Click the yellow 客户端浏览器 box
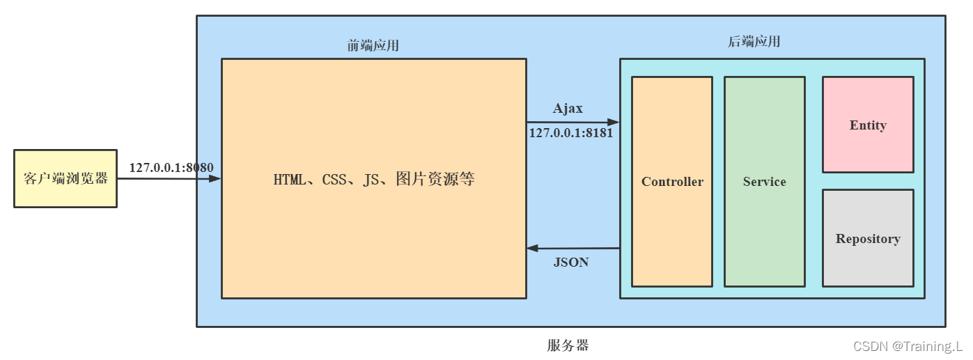[65, 178]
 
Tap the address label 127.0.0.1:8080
[171, 167]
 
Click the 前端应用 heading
[373, 46]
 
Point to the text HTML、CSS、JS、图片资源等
[374, 179]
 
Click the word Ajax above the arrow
[568, 109]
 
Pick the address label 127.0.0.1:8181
[571, 132]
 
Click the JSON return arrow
[573, 248]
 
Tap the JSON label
[571, 263]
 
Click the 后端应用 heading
[754, 42]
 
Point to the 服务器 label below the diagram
[568, 345]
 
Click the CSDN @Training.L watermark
[908, 346]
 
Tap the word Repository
[868, 239]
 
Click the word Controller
[672, 182]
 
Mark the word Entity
[868, 125]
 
